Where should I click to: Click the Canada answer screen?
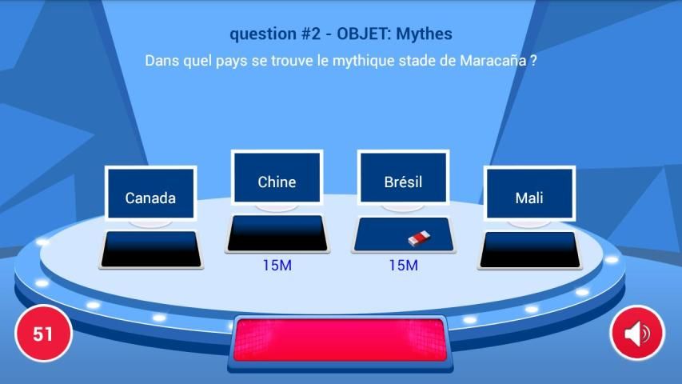[x=150, y=194]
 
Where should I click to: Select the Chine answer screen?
[x=277, y=177]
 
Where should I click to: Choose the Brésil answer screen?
[x=403, y=177]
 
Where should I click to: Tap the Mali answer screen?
[x=529, y=194]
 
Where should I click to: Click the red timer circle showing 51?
[x=43, y=334]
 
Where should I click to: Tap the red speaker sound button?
[x=637, y=334]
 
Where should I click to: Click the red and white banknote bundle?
[x=419, y=238]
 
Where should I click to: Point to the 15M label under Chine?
[x=277, y=265]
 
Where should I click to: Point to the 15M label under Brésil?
[x=403, y=265]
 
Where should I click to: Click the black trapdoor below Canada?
[x=151, y=250]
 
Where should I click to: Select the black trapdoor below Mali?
[x=530, y=250]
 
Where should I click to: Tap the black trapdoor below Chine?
[x=277, y=234]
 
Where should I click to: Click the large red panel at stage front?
[x=340, y=340]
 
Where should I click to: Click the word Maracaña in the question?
[x=493, y=61]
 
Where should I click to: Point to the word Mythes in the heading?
[x=424, y=34]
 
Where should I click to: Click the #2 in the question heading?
[x=311, y=34]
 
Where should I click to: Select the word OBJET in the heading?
[x=363, y=34]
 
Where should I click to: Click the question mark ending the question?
[x=533, y=61]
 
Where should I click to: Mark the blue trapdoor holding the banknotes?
[x=403, y=234]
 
